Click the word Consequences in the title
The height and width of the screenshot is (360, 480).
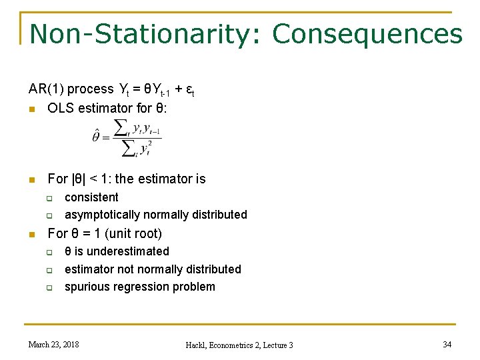[x=367, y=34]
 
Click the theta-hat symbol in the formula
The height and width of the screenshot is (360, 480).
[x=96, y=136]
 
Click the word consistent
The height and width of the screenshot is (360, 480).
[x=91, y=197]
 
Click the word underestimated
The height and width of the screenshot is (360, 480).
[x=128, y=251]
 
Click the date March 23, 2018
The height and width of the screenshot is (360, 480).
[x=53, y=344]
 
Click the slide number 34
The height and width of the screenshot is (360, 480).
[x=447, y=344]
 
